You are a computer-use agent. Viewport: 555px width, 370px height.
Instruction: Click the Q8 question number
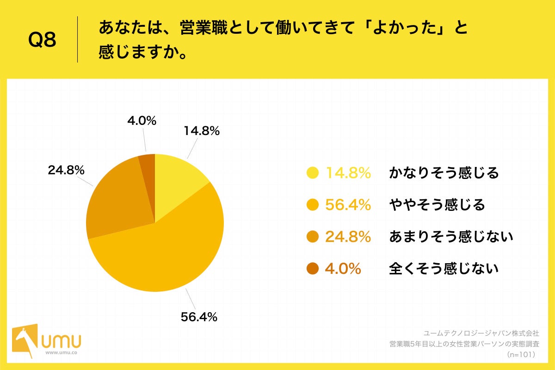click(42, 40)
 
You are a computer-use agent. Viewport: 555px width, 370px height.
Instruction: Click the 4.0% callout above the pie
click(142, 121)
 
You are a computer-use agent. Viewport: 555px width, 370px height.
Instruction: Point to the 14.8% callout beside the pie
click(201, 131)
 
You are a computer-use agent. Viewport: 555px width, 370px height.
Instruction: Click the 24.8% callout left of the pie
click(66, 170)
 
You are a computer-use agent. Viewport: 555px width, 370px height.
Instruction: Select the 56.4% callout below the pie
click(199, 317)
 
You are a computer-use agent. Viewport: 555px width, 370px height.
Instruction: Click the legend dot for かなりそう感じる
click(313, 173)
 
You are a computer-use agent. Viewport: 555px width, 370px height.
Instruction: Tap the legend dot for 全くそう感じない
click(313, 268)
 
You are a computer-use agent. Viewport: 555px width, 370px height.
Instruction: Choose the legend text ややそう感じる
click(437, 205)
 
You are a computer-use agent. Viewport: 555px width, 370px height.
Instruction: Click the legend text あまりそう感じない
click(451, 237)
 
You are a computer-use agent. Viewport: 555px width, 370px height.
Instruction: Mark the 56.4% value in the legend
click(348, 205)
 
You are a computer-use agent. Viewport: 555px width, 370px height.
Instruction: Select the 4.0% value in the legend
click(343, 268)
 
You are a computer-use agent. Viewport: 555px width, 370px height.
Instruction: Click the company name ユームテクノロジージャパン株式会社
click(481, 333)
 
